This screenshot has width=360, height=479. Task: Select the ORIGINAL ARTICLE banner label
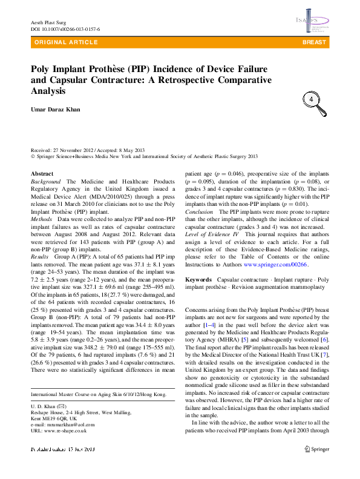(x=66, y=42)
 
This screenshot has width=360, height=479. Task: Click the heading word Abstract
(x=42, y=174)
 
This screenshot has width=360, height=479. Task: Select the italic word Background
(x=46, y=182)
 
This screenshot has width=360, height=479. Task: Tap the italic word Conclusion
(x=199, y=213)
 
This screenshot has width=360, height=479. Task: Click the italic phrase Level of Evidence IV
(x=212, y=233)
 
